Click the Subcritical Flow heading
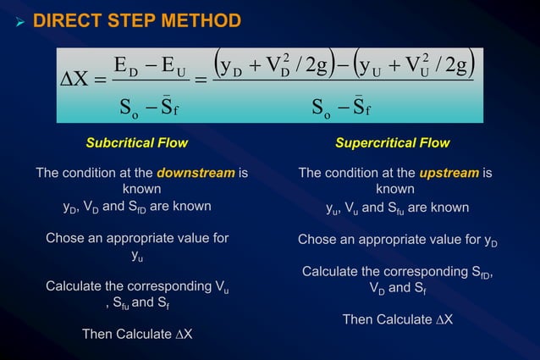[x=136, y=142]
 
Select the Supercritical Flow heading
[x=392, y=142]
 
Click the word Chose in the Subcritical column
[x=64, y=238]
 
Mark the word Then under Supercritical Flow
[x=358, y=319]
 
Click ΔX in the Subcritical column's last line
[x=183, y=334]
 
